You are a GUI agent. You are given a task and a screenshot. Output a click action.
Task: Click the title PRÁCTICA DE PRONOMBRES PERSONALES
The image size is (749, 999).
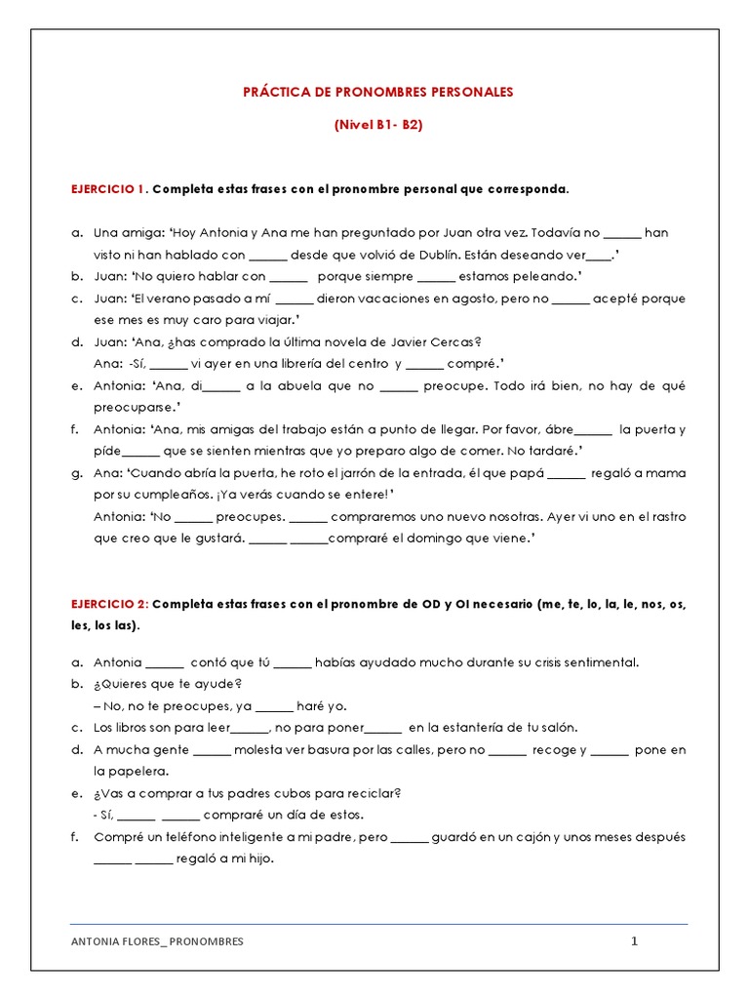pos(377,92)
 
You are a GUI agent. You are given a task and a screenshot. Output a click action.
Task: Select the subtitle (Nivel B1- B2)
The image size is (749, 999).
pos(377,125)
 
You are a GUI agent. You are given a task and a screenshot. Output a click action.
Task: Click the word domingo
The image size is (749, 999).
pos(424,539)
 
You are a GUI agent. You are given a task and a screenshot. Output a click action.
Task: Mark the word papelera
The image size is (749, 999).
pos(122,771)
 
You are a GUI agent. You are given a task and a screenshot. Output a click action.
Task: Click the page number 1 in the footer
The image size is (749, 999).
pos(634,941)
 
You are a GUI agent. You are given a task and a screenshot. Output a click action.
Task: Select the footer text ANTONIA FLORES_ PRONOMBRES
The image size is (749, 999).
pos(158,942)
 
